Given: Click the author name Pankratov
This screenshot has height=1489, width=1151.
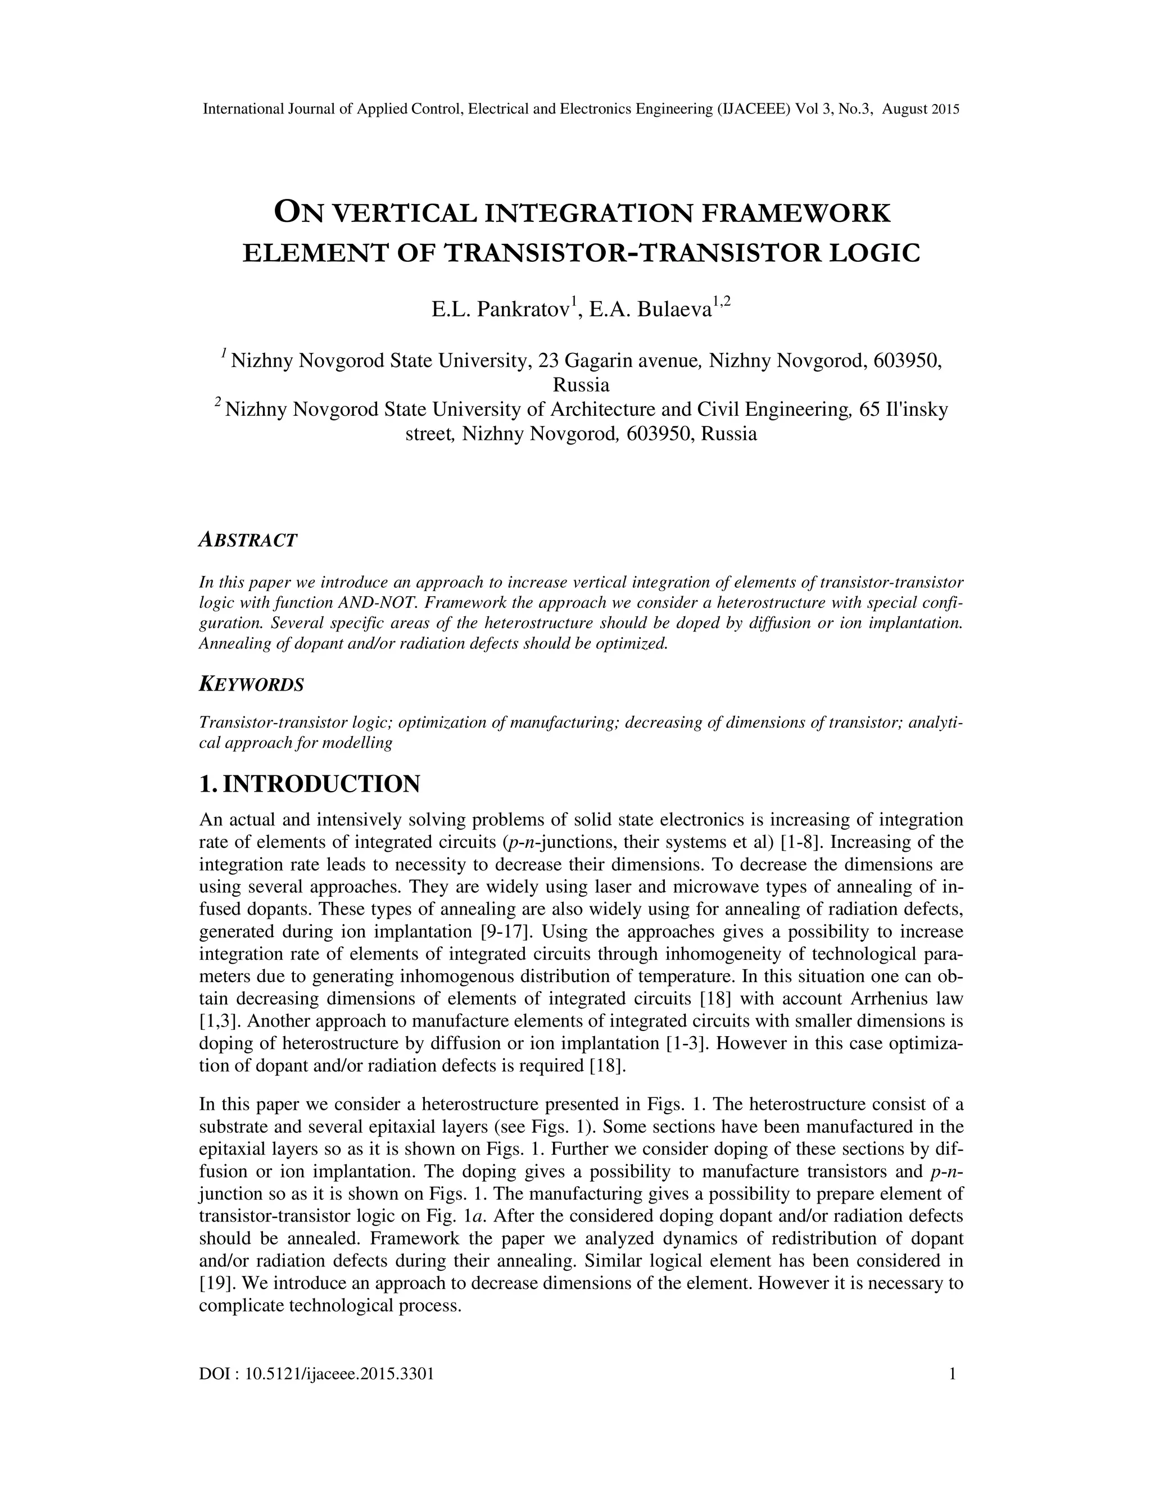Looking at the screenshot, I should [524, 310].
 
